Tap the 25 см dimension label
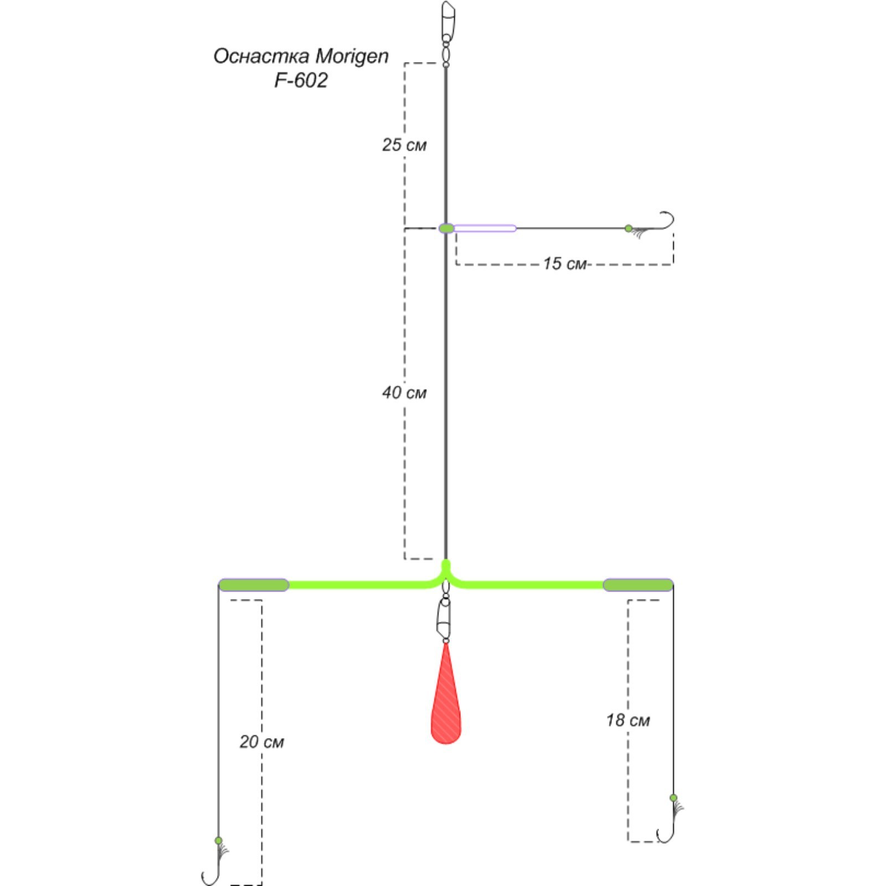(x=404, y=145)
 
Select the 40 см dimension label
(x=404, y=393)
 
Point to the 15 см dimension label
(x=564, y=264)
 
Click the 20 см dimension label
(x=261, y=742)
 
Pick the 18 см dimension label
(x=627, y=720)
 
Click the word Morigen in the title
(x=352, y=56)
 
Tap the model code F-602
(x=301, y=81)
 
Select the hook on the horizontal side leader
(x=664, y=221)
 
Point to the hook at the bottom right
(x=666, y=831)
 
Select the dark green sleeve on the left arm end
(x=254, y=585)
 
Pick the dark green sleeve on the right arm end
(x=637, y=585)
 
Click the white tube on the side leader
(x=485, y=228)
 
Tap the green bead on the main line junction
(x=446, y=228)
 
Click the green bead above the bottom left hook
(x=218, y=840)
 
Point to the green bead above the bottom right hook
(x=673, y=798)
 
